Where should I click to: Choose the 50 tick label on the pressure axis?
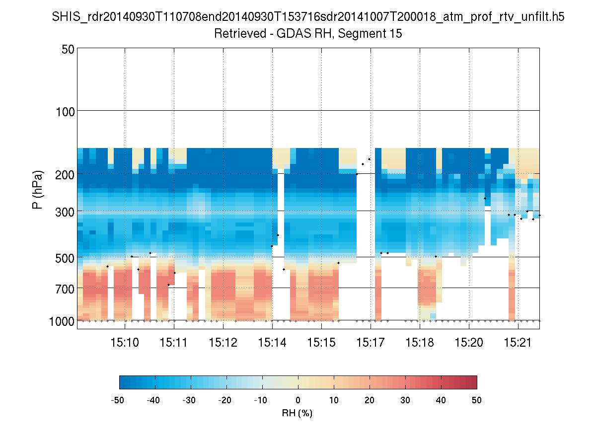pyautogui.click(x=68, y=50)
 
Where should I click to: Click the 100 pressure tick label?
pyautogui.click(x=65, y=111)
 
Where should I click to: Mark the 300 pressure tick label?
pyautogui.click(x=65, y=211)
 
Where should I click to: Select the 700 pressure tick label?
pyautogui.click(x=65, y=288)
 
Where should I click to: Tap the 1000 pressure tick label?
pyautogui.click(x=62, y=321)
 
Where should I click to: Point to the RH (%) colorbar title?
pyautogui.click(x=297, y=413)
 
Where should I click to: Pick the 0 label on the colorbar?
pyautogui.click(x=298, y=400)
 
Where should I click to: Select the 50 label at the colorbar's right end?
pyautogui.click(x=477, y=400)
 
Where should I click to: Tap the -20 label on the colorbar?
pyautogui.click(x=226, y=400)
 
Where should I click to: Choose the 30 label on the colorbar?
pyautogui.click(x=405, y=400)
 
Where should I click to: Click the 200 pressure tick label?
pyautogui.click(x=65, y=174)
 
